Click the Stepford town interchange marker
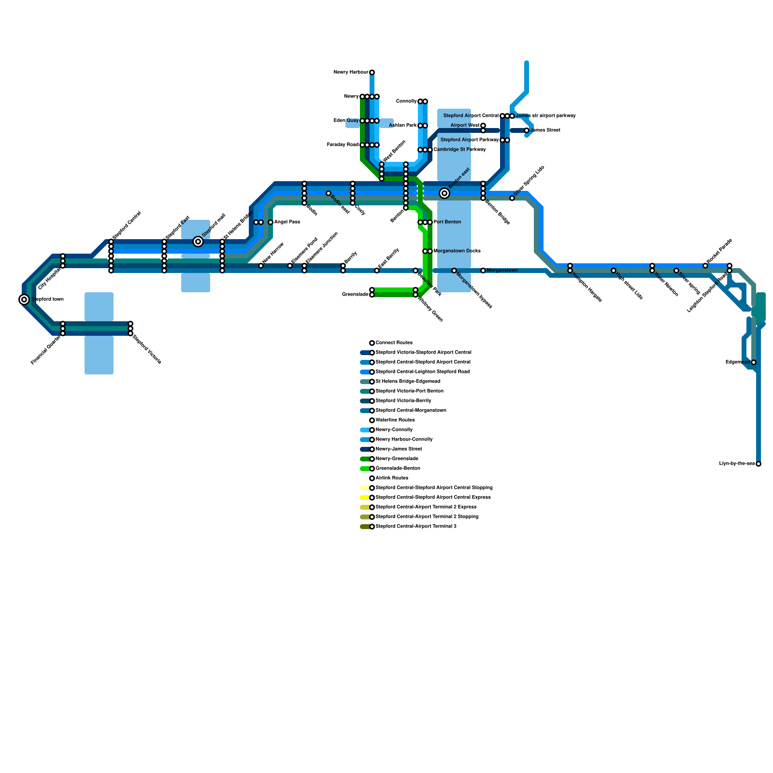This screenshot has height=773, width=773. [x=24, y=300]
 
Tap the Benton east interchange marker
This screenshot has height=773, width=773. [x=444, y=193]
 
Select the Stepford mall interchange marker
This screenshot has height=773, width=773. [x=198, y=242]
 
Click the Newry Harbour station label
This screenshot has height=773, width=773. [x=351, y=72]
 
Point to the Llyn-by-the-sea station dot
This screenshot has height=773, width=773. [x=759, y=464]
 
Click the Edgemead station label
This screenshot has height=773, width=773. [x=737, y=362]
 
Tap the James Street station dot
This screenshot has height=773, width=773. [x=527, y=130]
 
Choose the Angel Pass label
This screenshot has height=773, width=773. [x=287, y=222]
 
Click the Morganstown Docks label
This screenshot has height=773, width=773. [x=457, y=251]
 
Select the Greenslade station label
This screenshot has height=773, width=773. [x=355, y=295]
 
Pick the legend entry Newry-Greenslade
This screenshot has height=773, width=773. [x=397, y=459]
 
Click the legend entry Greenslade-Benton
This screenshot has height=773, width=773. [x=398, y=469]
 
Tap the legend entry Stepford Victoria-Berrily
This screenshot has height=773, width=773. [x=403, y=401]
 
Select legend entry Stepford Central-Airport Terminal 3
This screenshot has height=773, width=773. [x=415, y=527]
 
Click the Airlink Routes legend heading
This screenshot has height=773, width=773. [x=392, y=478]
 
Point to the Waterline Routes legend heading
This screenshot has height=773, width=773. [x=395, y=420]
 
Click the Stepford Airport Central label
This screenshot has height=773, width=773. [x=471, y=116]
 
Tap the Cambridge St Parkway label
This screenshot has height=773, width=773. [x=459, y=150]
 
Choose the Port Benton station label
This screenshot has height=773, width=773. [x=447, y=222]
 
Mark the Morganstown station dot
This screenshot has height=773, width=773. [x=483, y=271]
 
